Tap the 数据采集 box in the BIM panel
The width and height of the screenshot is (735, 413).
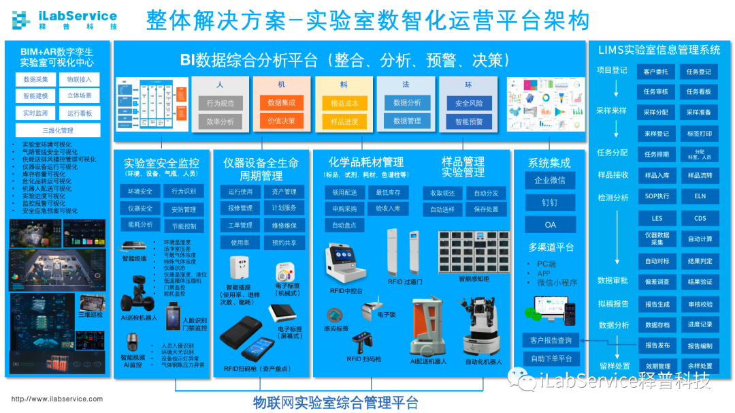pos(35,80)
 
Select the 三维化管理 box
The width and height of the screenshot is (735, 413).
pos(57,130)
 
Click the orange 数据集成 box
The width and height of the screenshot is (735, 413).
pos(281,103)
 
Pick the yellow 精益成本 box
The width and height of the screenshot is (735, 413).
pos(344,103)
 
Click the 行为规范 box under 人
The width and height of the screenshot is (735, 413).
pos(220,103)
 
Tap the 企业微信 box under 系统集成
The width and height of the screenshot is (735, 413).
pos(550,181)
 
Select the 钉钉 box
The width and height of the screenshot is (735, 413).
pos(550,202)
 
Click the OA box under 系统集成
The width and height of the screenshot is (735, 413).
pos(550,224)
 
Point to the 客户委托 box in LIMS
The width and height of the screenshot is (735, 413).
pos(656,72)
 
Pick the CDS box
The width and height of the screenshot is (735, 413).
pos(700,218)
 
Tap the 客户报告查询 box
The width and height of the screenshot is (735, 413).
pos(551,339)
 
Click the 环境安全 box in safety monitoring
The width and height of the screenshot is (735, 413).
pos(140,192)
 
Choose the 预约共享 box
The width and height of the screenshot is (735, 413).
pos(284,242)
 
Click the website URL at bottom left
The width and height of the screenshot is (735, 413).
pos(57,399)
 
